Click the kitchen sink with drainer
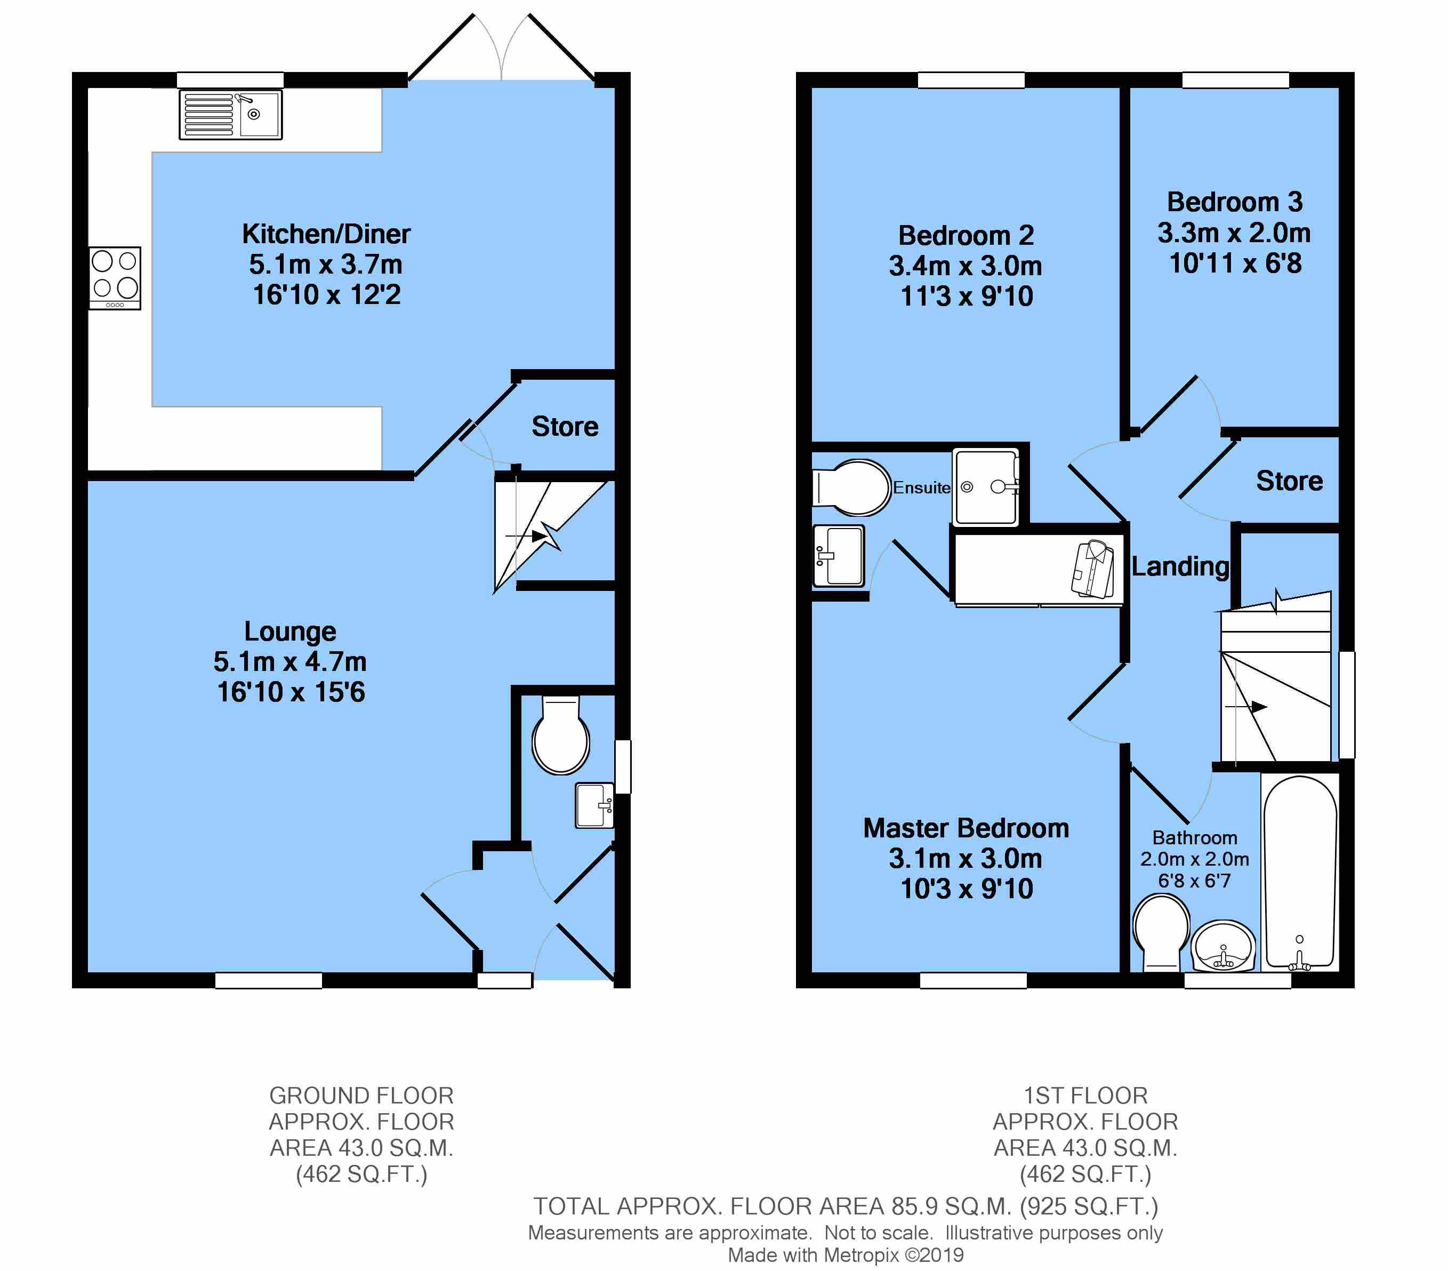coord(230,114)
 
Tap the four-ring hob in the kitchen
coord(115,278)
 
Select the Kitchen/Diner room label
coord(326,234)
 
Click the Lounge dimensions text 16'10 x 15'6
coord(291,692)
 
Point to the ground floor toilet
coord(561,734)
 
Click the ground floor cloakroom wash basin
coord(594,805)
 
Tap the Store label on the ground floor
coord(565,427)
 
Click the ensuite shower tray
coord(985,487)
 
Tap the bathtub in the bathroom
coord(1300,873)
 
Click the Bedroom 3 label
coord(1235,202)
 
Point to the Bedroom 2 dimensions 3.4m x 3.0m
coord(966,266)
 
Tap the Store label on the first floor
coord(1289,481)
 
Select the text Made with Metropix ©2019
coord(846,1256)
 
